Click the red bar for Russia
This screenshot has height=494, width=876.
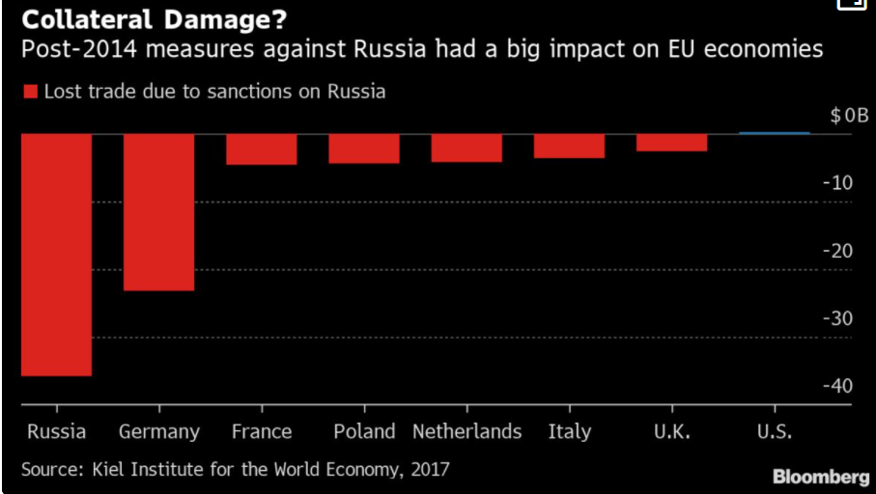pos(56,254)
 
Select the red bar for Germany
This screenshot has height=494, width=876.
pos(158,211)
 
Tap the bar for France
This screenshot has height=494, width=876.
pos(261,149)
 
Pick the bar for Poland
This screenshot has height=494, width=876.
pos(363,148)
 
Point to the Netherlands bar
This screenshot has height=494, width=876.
pos(466,148)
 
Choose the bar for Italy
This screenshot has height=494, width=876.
pos(569,146)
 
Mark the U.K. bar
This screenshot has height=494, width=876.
pos(671,142)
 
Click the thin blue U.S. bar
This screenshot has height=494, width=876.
pos(774,133)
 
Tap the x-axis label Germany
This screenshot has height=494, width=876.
pos(158,432)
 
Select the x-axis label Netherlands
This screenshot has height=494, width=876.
pos(466,431)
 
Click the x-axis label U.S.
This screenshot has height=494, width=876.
pos(774,431)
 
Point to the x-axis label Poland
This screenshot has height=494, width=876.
pos(364,431)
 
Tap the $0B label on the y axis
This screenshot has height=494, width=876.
pos(849,116)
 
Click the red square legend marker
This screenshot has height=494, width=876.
pos(30,93)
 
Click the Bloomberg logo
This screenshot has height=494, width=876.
pos(820,477)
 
